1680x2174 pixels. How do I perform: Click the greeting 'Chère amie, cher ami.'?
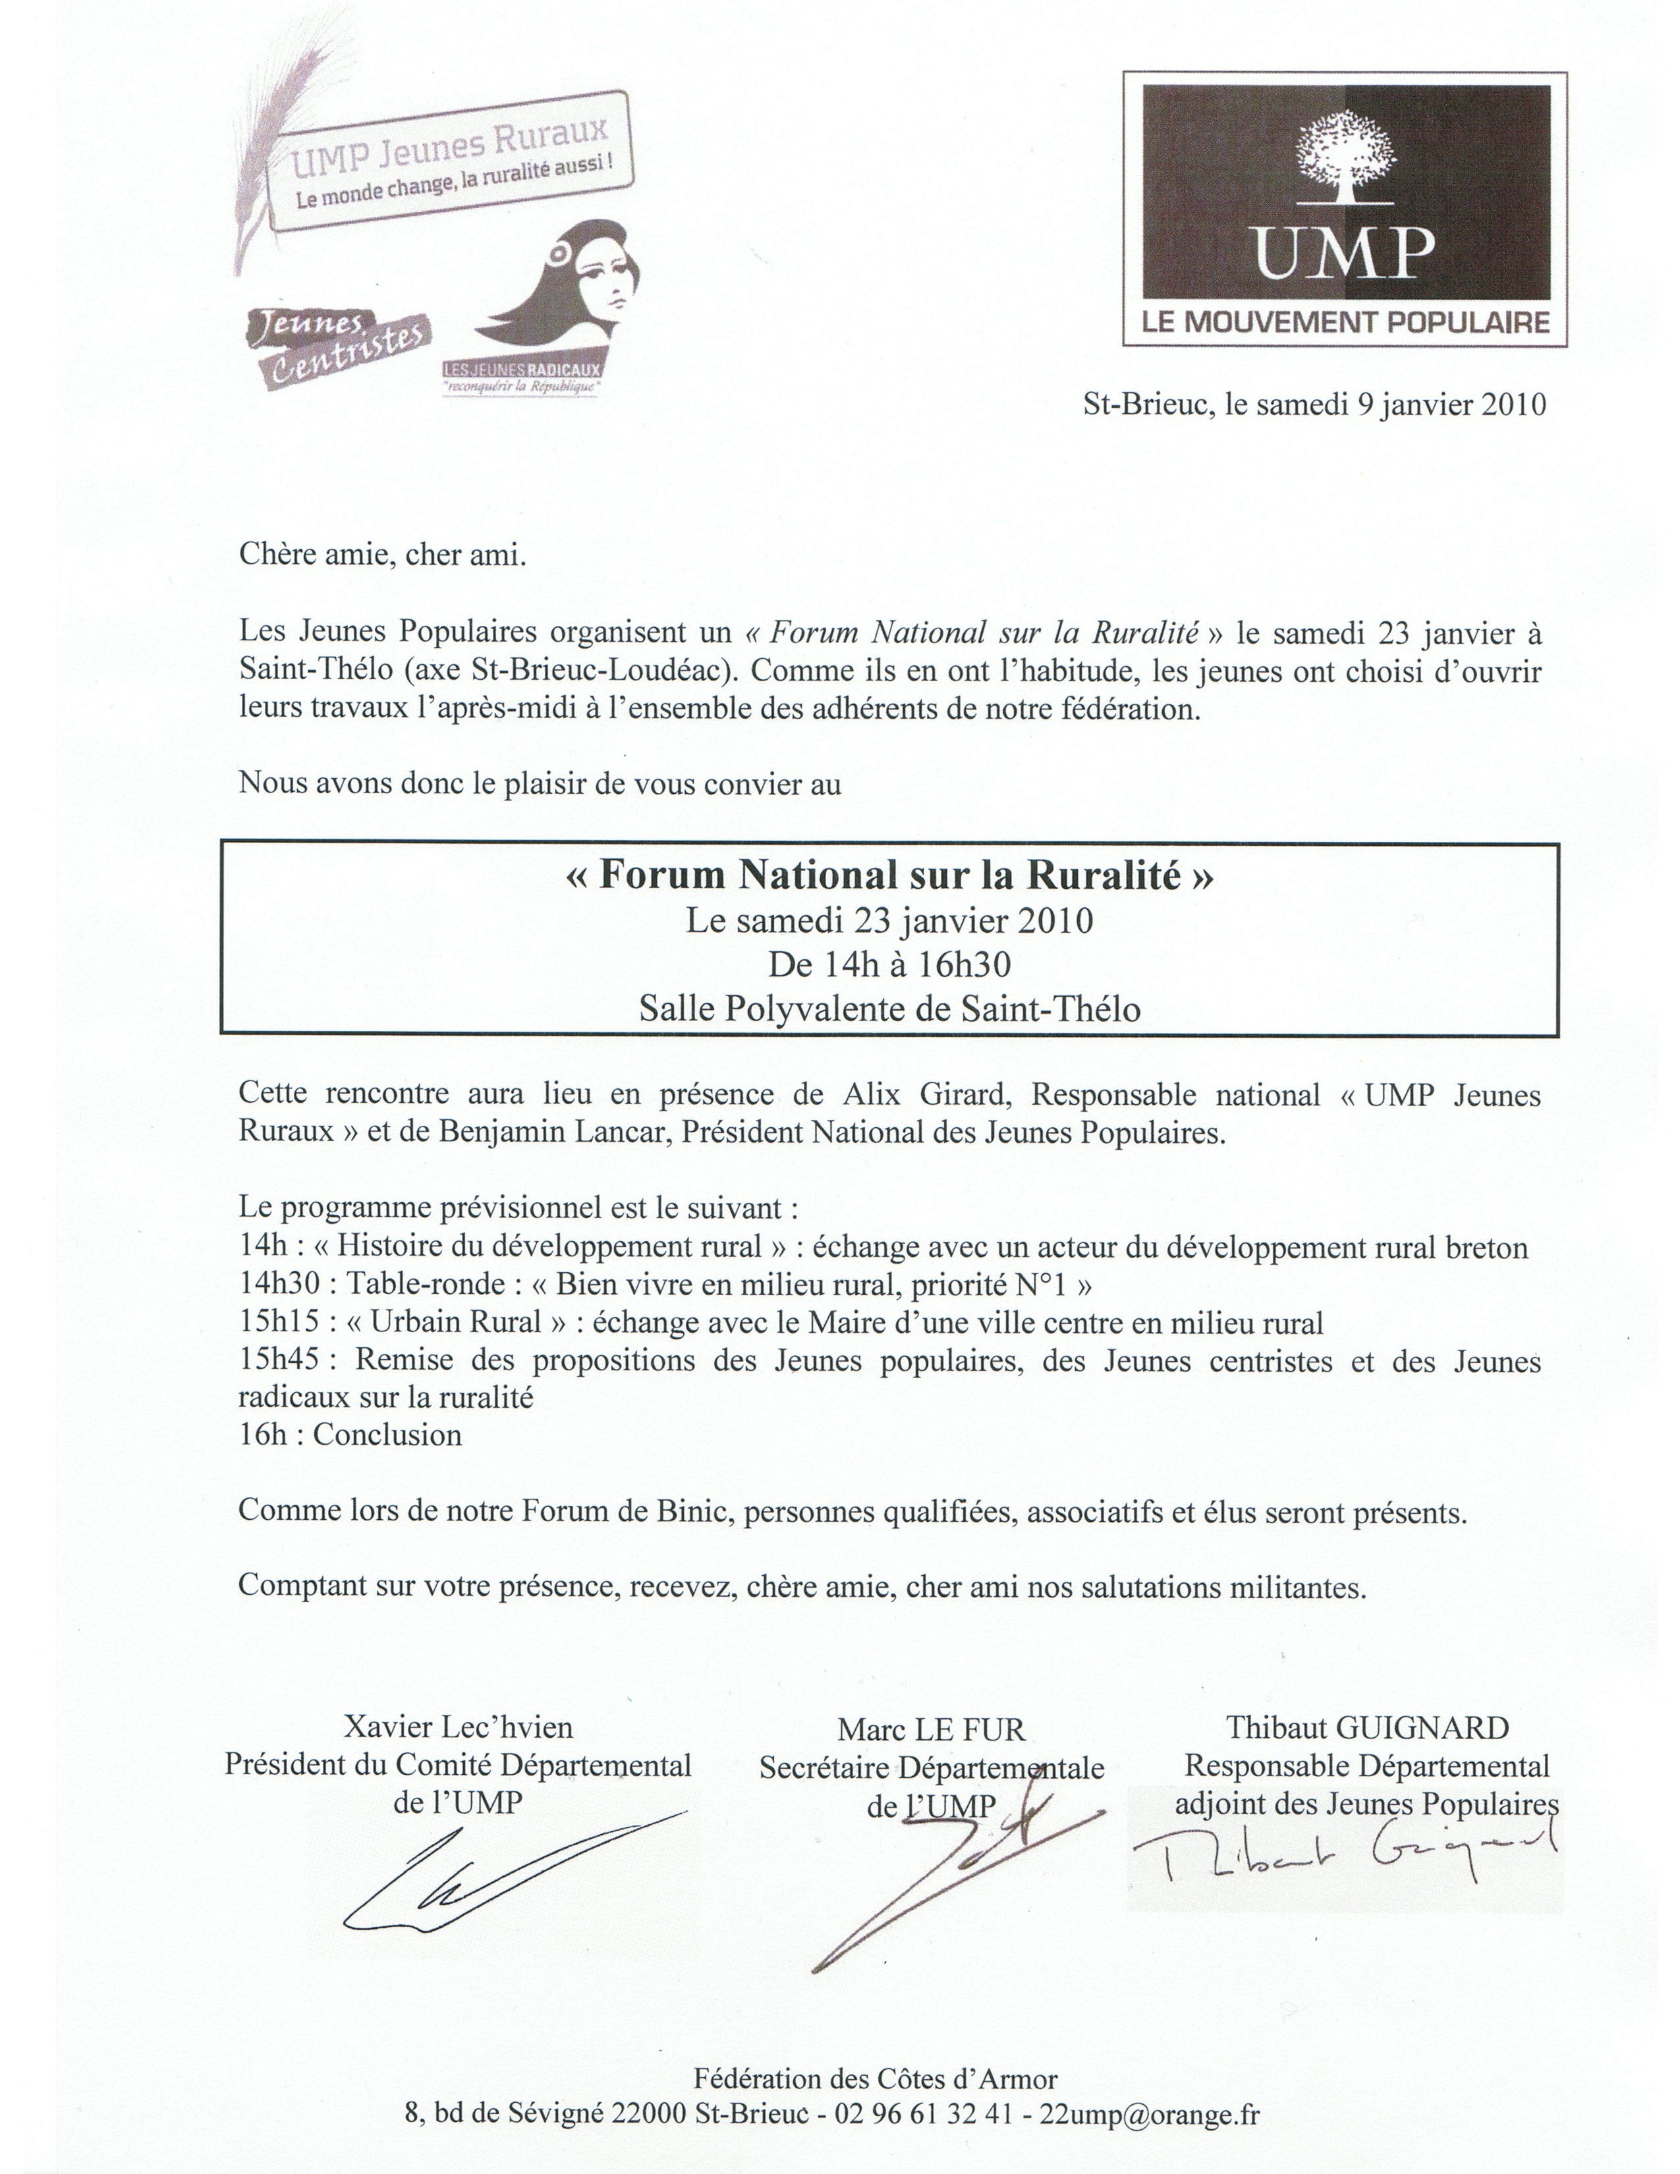tap(382, 555)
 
